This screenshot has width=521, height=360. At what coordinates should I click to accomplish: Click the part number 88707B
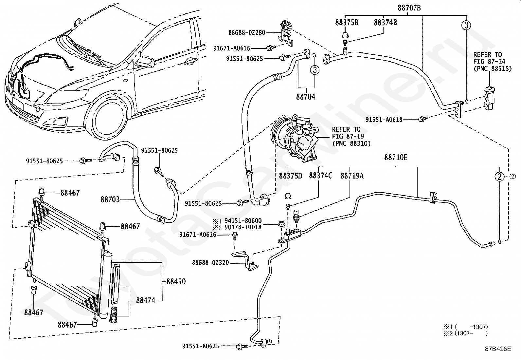point(409,8)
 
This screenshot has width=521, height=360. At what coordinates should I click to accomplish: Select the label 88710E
point(396,158)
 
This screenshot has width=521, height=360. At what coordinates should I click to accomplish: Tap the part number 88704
point(306,97)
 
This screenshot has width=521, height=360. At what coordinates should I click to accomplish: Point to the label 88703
point(110,199)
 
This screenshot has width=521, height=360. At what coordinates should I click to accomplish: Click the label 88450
point(176,281)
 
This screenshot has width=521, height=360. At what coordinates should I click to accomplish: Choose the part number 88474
point(146,300)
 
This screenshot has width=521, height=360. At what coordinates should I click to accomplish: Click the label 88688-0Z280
point(247,33)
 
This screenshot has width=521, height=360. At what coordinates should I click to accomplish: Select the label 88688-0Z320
point(210,263)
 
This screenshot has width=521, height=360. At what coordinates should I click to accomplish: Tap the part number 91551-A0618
point(384,120)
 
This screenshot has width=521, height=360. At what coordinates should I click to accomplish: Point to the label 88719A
point(352,176)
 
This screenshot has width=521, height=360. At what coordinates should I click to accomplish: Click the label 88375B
point(347,23)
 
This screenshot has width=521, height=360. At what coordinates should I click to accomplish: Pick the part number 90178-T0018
point(243,227)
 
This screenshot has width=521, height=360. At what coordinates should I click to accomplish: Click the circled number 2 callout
point(499,177)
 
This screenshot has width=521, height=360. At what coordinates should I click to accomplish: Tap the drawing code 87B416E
point(498,355)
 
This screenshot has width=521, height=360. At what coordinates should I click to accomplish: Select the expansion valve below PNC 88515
point(489,98)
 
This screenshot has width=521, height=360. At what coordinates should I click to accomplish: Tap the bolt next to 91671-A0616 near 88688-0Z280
point(271,48)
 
